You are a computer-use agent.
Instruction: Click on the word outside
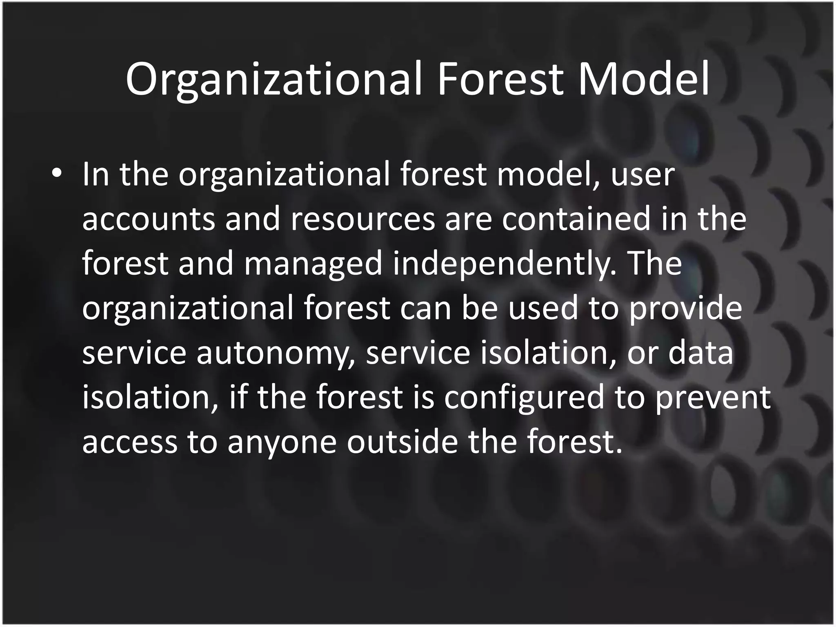click(x=402, y=441)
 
